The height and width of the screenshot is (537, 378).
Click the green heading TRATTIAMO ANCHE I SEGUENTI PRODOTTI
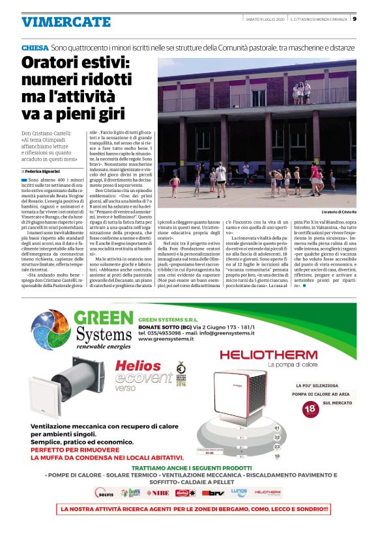pyautogui.click(x=192, y=468)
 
